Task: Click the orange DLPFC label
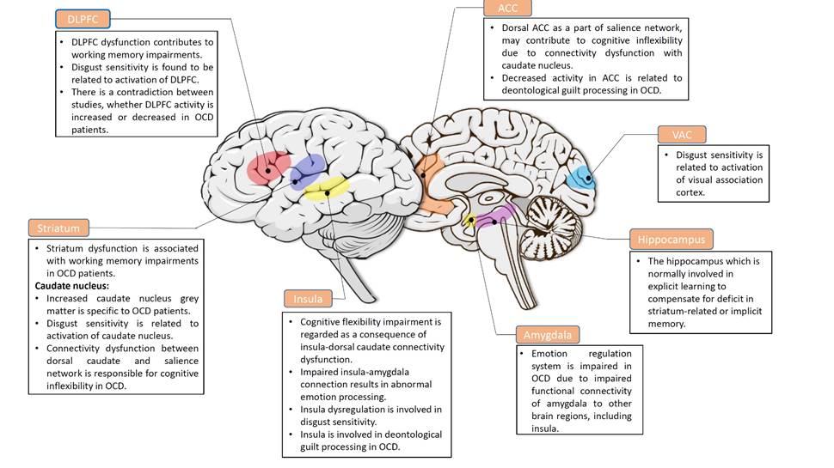(83, 19)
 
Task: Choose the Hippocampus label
(671, 239)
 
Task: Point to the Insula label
(308, 299)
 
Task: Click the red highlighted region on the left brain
(268, 167)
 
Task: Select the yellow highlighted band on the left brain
(328, 188)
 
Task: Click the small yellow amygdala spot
(470, 221)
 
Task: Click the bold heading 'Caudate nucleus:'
(71, 285)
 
